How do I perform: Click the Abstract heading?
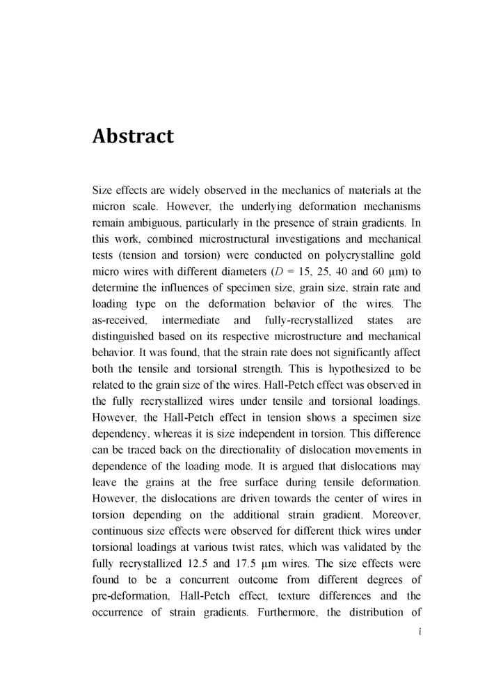tap(133, 136)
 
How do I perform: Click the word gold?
tap(411, 256)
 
